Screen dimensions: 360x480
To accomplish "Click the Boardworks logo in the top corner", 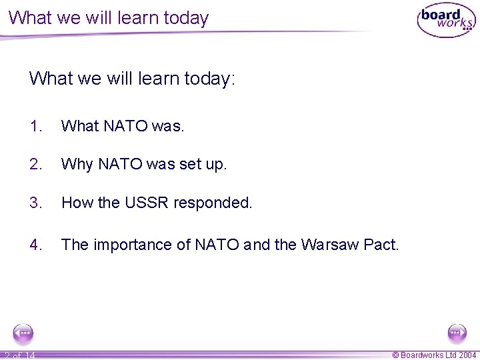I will tap(446, 21).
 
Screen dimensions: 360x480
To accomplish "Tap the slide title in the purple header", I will tap(109, 18).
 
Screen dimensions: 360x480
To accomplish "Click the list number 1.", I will tap(36, 126).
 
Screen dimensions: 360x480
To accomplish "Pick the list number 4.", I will tap(36, 245).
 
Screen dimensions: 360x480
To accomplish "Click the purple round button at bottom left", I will tap(23, 332).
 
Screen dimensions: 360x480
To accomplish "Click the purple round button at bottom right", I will tap(457, 332).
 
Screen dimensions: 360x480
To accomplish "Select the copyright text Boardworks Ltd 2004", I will tap(434, 355).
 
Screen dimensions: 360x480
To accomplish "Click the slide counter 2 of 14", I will tap(19, 355).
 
